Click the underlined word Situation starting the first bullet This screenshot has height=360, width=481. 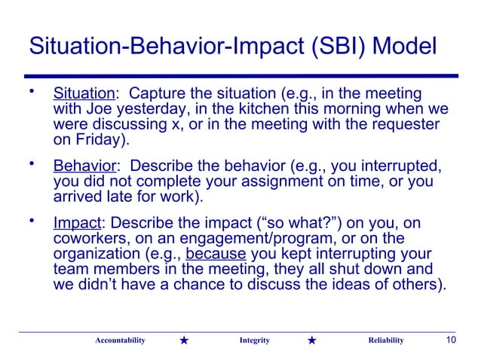[x=82, y=95]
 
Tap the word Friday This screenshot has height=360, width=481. [x=96, y=140]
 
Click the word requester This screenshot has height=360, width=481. [x=406, y=125]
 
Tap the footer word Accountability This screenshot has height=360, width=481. [x=120, y=340]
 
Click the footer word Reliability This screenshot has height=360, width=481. [x=385, y=340]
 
